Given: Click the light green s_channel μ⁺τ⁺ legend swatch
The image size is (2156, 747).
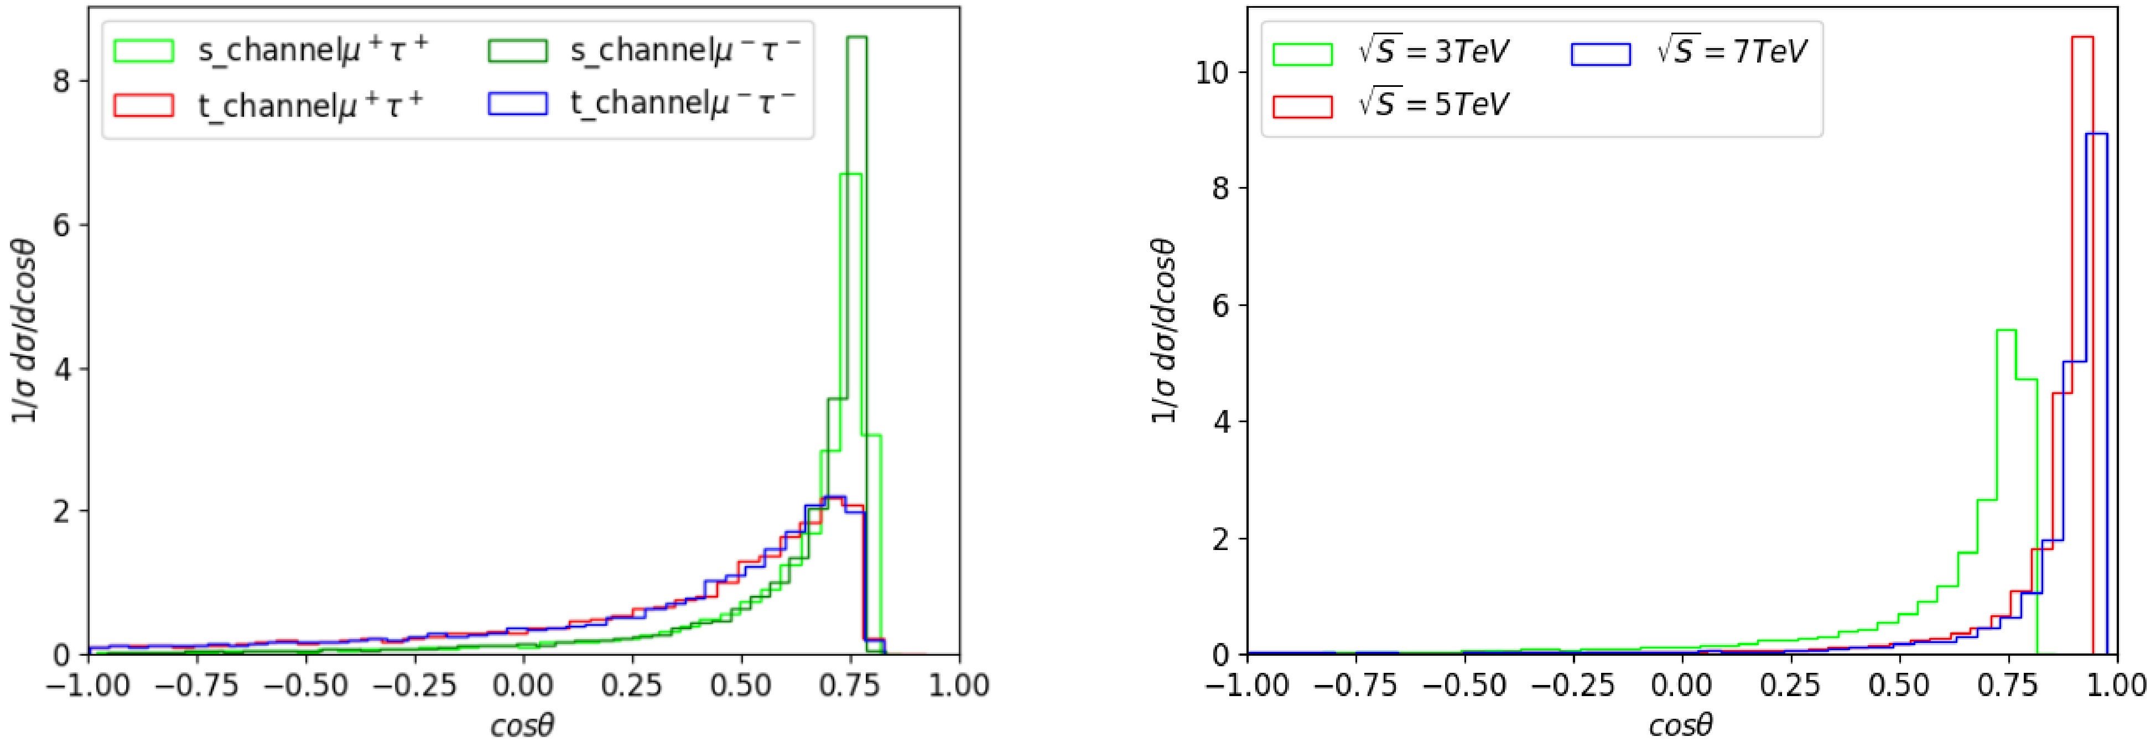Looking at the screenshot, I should (x=143, y=51).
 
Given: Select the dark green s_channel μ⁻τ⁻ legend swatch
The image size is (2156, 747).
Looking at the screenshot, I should (x=516, y=51).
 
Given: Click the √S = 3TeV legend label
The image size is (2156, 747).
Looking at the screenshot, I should (x=1433, y=53).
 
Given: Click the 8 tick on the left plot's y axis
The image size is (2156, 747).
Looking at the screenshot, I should (x=60, y=81).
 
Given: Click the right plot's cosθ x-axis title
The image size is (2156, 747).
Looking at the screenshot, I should (x=1681, y=725).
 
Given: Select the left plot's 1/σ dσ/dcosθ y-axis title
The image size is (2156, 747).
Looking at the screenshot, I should (x=24, y=331).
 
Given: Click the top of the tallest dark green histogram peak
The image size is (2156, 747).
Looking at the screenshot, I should (x=856, y=38).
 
